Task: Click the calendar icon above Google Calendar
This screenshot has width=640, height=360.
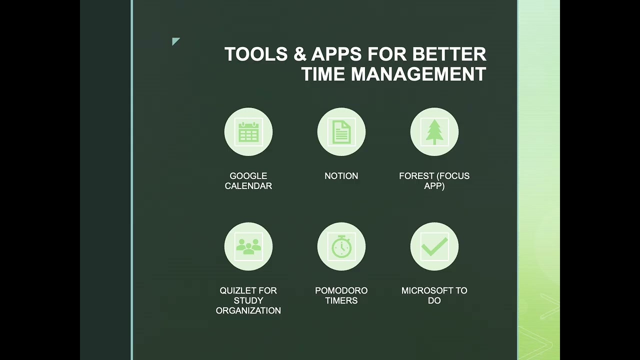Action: point(248,132)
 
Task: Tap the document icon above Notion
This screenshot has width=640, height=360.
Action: point(341,132)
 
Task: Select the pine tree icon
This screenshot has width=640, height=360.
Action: point(434,132)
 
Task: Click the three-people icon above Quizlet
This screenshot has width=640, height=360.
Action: point(248,246)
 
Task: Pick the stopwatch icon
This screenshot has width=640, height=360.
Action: point(341,246)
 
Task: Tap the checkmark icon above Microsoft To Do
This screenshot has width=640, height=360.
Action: point(434,246)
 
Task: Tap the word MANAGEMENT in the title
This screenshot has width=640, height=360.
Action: point(418,74)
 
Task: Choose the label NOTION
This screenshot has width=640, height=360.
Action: point(341,176)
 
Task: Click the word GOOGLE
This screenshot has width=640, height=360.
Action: point(248,176)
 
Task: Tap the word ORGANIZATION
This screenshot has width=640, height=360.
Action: point(248,310)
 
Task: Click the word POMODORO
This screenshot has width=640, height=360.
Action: point(341,290)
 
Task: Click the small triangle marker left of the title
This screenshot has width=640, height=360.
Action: point(175,41)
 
